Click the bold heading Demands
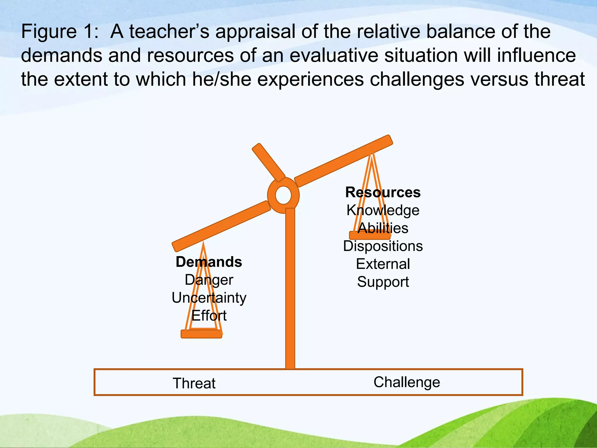pos(209,262)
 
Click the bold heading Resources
pos(383,192)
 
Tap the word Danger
pos(209,280)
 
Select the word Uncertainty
pos(209,298)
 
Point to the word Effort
pos(209,316)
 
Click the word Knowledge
pos(383,210)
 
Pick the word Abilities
pos(383,228)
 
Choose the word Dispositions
pos(383,246)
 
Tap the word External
pos(383,264)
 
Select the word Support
pos(383,282)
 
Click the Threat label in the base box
pos(194,383)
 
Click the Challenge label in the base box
pos(407,382)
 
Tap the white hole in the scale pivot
pos(283,195)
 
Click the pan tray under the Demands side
pos(201,334)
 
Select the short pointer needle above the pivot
pos(268,162)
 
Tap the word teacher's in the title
pos(169,32)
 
